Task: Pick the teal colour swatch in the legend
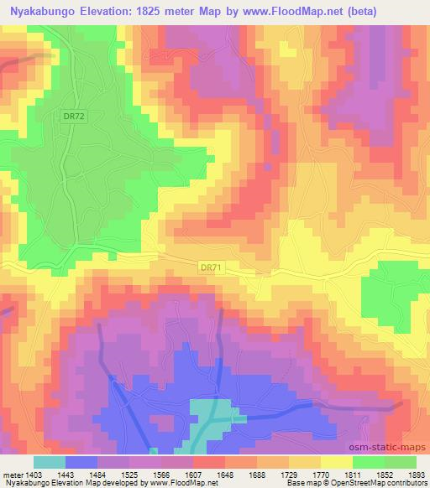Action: click(x=49, y=461)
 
